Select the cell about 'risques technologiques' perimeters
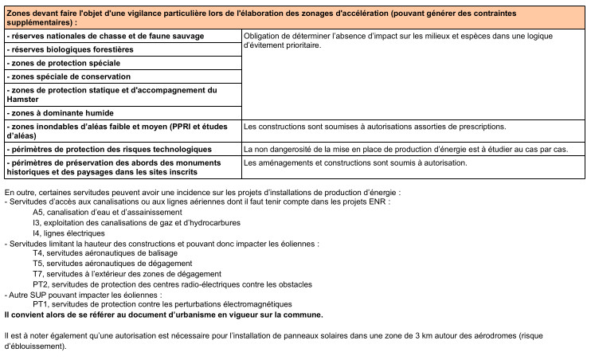108,149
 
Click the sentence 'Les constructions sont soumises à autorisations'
374,127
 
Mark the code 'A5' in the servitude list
38,213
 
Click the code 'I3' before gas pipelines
37,223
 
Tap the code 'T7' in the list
37,274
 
